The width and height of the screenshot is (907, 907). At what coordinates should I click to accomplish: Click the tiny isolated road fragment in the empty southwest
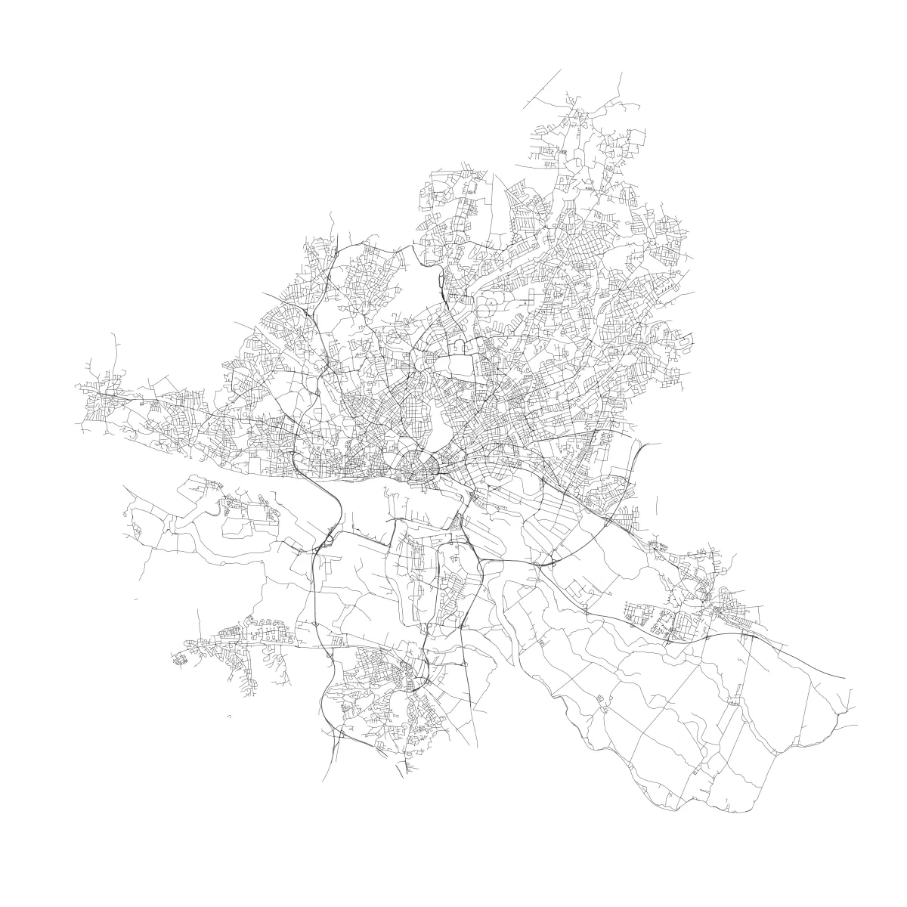click(x=227, y=716)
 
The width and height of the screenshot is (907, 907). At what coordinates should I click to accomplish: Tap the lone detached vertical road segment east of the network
click(x=658, y=505)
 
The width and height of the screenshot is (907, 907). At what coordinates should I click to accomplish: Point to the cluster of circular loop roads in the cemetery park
click(x=491, y=305)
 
